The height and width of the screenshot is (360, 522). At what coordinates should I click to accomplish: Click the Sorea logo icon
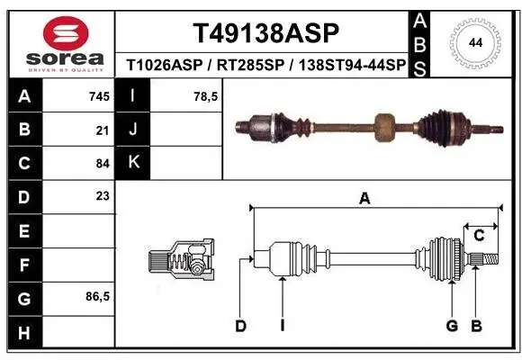58,33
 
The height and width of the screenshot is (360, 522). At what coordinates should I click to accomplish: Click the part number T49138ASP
266,34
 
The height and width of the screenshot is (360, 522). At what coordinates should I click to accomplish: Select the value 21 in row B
101,130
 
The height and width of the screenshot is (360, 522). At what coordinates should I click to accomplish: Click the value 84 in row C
101,164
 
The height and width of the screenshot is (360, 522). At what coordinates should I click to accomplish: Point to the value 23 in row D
101,197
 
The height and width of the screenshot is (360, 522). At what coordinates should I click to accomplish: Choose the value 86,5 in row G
96,297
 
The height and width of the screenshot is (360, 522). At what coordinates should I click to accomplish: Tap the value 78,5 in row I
207,95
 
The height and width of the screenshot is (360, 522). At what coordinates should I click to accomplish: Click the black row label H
23,332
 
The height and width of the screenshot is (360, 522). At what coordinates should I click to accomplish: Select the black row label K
132,163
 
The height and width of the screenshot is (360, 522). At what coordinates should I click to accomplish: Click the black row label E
23,231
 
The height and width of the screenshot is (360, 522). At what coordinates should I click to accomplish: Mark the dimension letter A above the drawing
364,200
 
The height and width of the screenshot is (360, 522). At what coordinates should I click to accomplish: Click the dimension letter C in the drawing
480,236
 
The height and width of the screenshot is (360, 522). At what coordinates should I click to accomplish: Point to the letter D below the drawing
240,325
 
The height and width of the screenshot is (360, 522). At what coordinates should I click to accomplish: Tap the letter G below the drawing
452,325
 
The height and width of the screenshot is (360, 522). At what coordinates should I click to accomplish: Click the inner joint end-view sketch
181,260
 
